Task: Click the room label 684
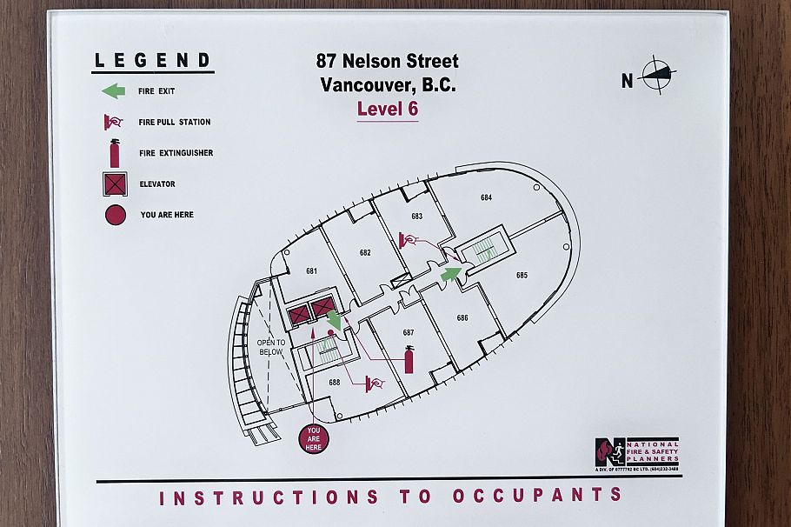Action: [x=486, y=197]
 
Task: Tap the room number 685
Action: [x=522, y=275]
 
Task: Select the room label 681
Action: [x=311, y=271]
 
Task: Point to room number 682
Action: [x=365, y=253]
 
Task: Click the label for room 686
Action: [x=462, y=317]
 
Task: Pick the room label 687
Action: [x=409, y=333]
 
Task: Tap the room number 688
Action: [x=335, y=382]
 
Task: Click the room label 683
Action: [x=416, y=216]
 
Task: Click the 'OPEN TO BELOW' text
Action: [x=271, y=347]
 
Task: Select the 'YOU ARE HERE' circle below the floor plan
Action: [x=314, y=437]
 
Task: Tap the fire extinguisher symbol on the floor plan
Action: [x=409, y=358]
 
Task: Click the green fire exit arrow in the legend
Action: [x=114, y=90]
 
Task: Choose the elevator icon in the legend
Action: [x=115, y=184]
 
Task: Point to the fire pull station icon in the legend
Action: [x=114, y=122]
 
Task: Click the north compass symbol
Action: [x=658, y=76]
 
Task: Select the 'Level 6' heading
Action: [x=388, y=110]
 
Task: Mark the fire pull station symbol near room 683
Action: [x=405, y=238]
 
